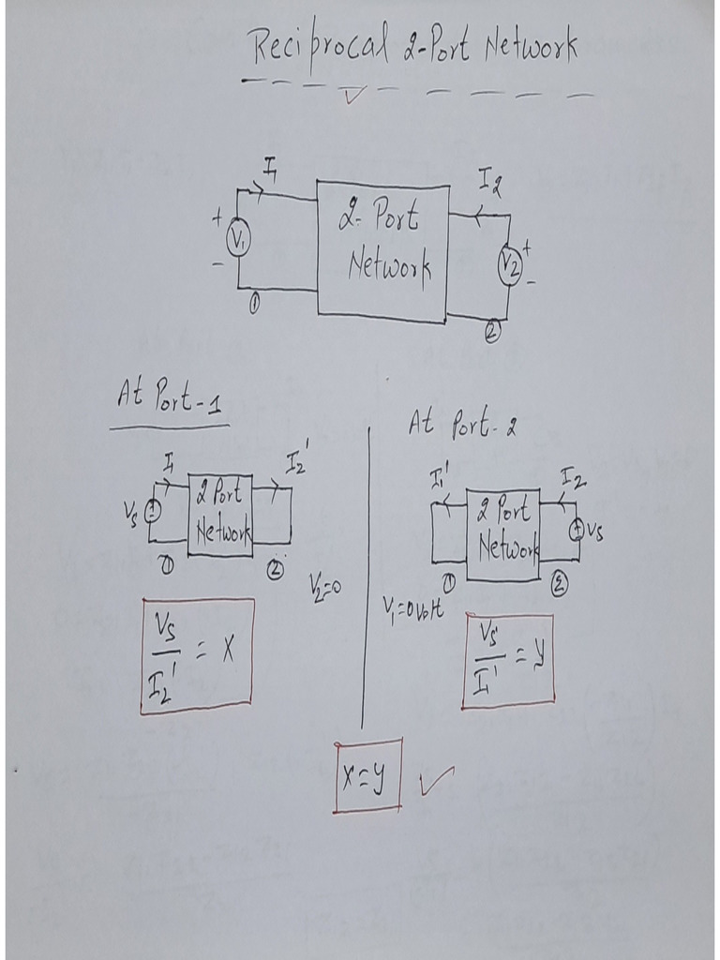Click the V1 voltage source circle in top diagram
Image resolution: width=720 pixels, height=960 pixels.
coord(238,241)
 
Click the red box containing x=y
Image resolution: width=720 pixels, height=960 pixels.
coord(367,775)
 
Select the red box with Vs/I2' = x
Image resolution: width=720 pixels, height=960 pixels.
coord(197,656)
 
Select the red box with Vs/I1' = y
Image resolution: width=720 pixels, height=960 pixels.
coord(508,661)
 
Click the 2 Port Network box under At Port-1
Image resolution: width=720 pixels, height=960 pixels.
coord(220,516)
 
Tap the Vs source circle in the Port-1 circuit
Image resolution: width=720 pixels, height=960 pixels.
coord(153,510)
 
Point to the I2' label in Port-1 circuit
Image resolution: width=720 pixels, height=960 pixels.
coord(296,462)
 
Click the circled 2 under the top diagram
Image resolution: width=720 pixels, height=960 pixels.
coord(493,332)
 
